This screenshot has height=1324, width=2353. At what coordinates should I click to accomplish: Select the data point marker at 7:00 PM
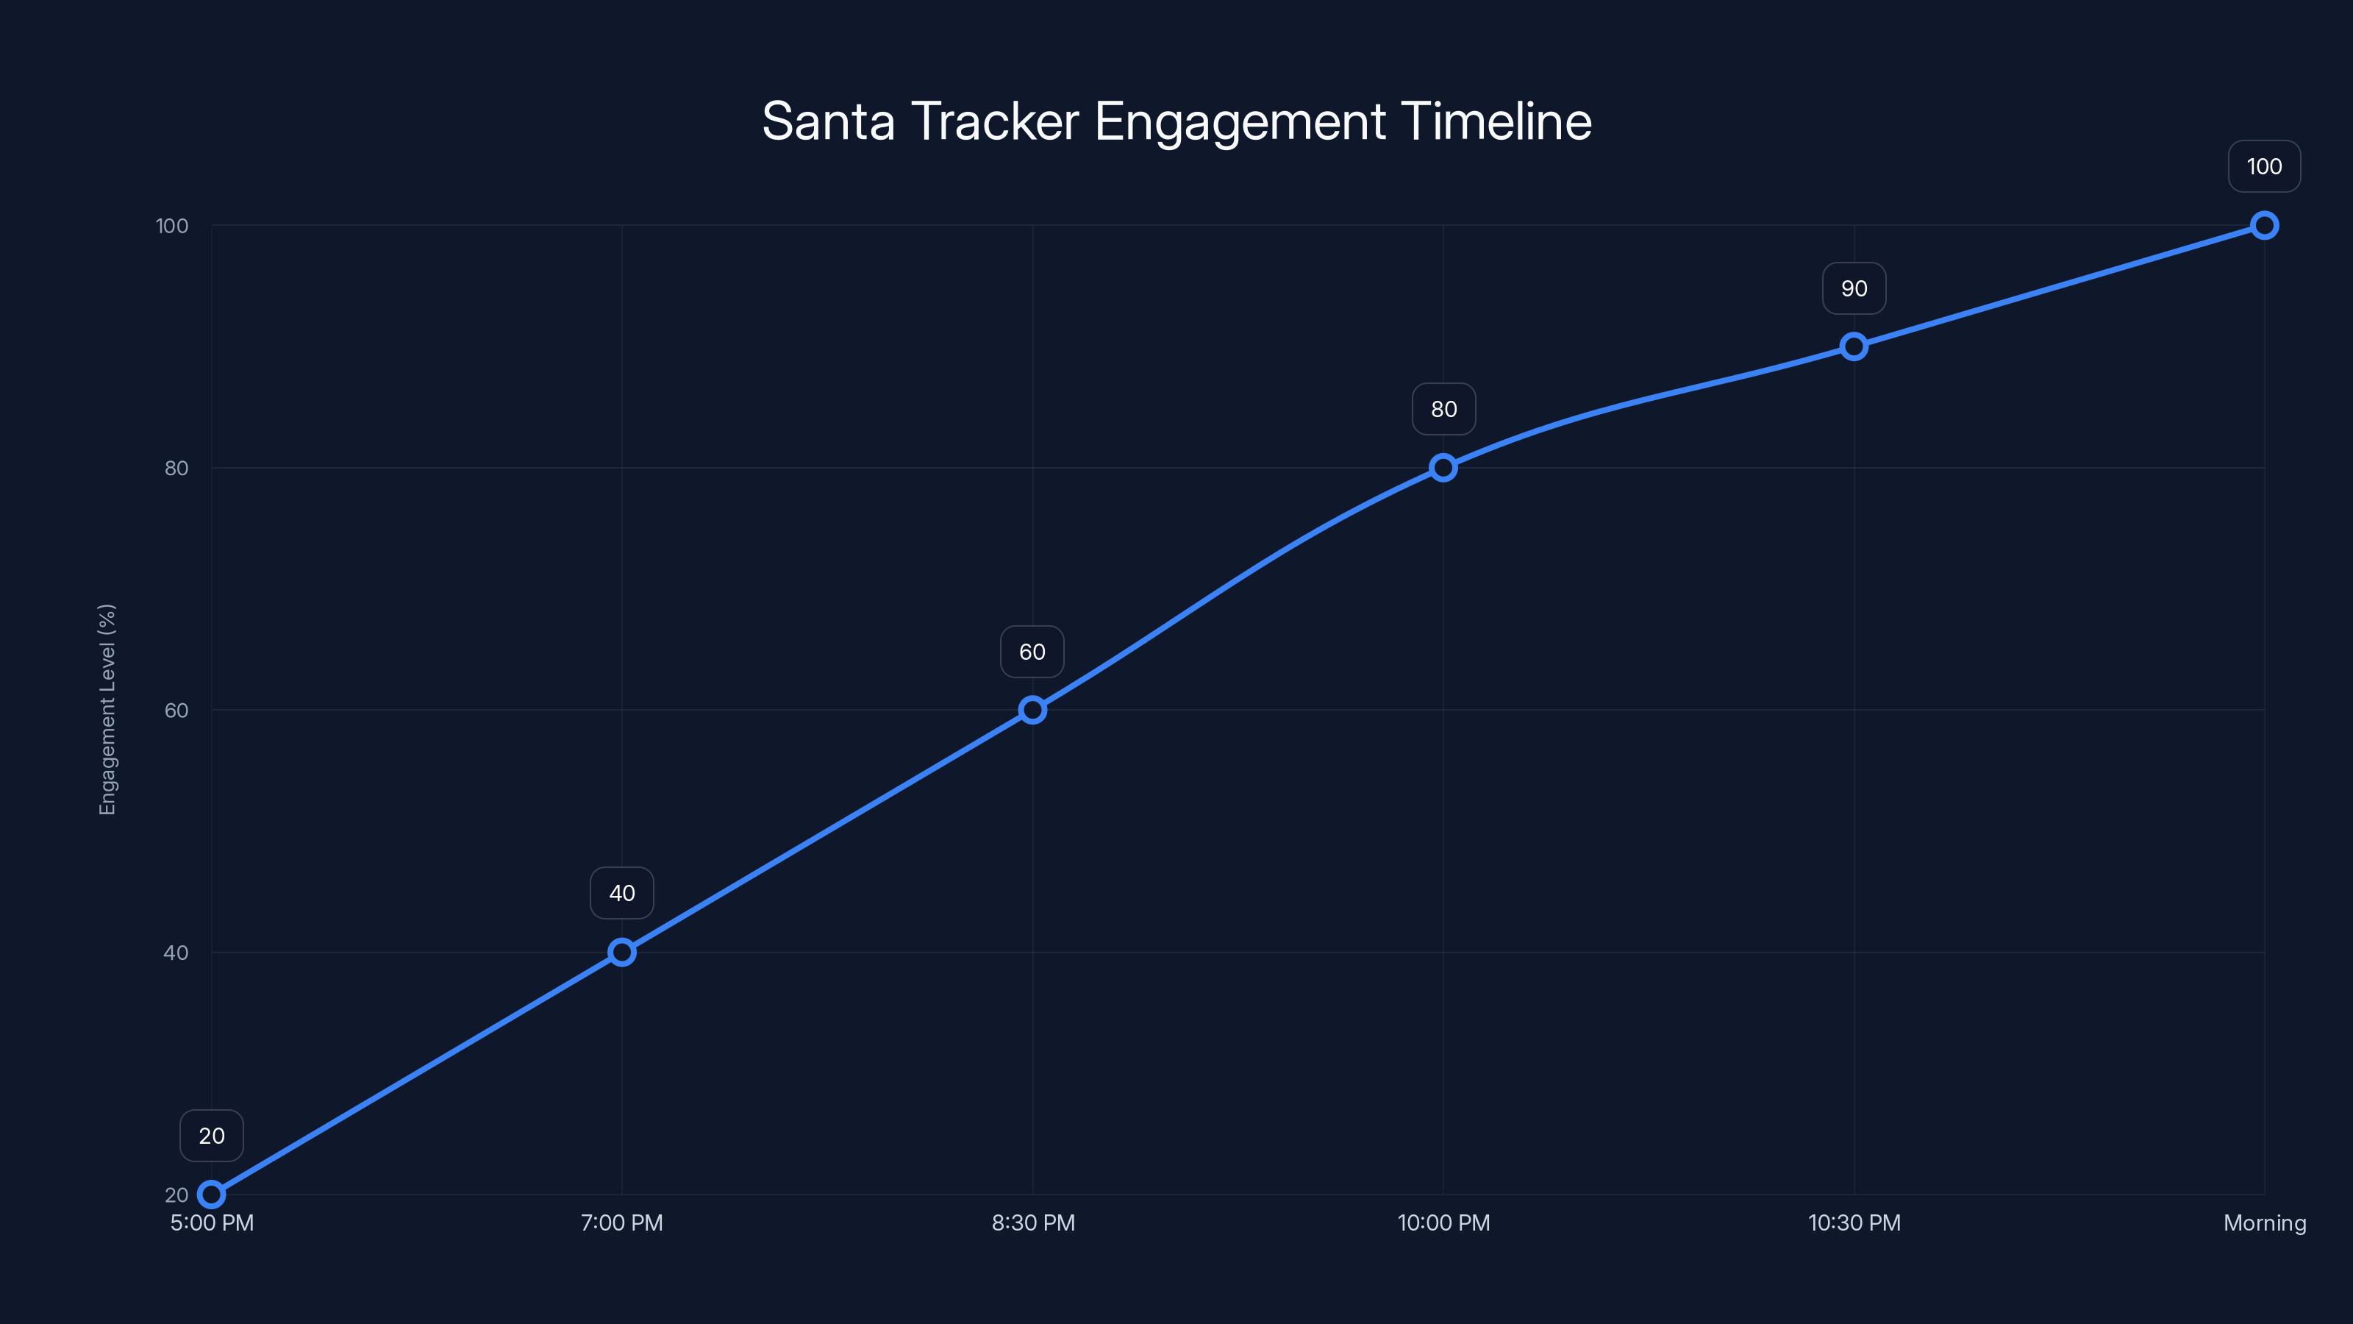tap(622, 952)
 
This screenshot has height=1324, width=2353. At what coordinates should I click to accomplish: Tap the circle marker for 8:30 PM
tap(1032, 710)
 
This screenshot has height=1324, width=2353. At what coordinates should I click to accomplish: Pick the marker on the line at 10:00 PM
tap(1443, 468)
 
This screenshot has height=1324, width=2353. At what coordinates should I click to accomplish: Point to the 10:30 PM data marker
tap(1853, 346)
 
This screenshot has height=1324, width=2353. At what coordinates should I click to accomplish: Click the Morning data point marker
tap(2263, 225)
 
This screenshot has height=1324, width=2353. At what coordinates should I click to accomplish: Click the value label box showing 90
tap(1853, 289)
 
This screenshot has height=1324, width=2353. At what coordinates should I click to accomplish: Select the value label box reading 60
tap(1032, 652)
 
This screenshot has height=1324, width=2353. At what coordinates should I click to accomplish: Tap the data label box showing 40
tap(622, 893)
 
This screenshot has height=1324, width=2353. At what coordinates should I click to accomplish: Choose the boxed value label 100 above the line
tap(2263, 166)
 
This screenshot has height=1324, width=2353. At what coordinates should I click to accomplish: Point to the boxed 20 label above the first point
tap(211, 1136)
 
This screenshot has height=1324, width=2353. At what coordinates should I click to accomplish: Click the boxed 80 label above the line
tap(1443, 410)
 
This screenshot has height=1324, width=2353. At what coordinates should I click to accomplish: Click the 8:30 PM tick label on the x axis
tap(1033, 1222)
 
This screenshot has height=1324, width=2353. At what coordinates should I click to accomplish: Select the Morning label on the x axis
tap(2263, 1222)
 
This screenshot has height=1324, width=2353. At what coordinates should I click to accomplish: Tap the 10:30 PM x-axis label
tap(1853, 1222)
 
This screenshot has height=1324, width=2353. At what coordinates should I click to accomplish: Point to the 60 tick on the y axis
tap(176, 710)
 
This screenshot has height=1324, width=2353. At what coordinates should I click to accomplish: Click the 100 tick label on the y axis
tap(172, 226)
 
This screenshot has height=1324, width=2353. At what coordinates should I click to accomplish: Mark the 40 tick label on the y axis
tap(176, 952)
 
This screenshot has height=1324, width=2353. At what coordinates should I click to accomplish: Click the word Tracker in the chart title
tap(995, 121)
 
